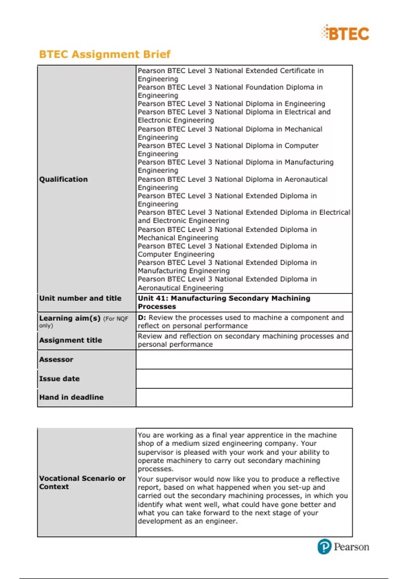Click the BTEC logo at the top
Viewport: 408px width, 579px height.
(345, 33)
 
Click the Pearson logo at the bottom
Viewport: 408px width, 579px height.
(343, 547)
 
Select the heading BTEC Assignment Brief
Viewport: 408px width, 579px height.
(105, 54)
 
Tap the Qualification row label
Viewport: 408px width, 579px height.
(63, 179)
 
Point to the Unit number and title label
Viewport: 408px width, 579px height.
(80, 298)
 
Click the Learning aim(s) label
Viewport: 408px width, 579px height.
(70, 318)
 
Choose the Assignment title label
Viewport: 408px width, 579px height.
(70, 340)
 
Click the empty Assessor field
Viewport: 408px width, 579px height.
(244, 359)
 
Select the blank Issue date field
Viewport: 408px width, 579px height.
(244, 378)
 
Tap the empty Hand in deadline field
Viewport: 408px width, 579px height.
(244, 397)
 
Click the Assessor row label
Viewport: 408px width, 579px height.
(56, 359)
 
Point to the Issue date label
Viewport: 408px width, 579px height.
(59, 378)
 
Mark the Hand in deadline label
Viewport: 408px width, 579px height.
(71, 397)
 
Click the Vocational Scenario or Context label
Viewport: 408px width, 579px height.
(82, 482)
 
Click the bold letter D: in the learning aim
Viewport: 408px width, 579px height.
(142, 317)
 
